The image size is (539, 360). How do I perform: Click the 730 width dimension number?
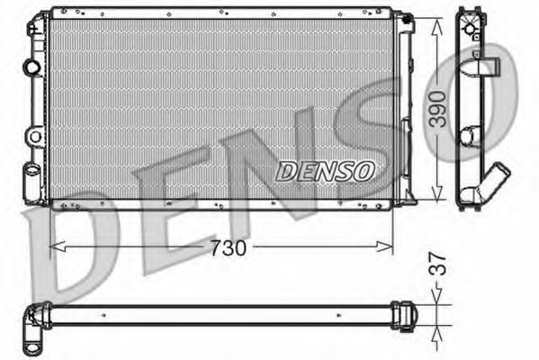(x=229, y=247)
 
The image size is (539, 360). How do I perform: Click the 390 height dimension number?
(x=439, y=109)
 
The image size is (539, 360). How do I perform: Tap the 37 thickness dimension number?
(x=437, y=264)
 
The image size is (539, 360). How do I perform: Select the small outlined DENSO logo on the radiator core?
(x=325, y=171)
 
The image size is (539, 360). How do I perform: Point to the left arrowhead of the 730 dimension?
(x=58, y=247)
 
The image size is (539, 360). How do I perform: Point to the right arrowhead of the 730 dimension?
(x=384, y=247)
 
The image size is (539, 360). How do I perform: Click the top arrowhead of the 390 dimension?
(x=437, y=26)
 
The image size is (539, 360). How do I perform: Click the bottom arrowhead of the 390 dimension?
(x=437, y=193)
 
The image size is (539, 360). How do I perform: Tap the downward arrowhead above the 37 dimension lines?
(x=436, y=296)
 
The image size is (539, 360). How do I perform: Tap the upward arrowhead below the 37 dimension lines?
(x=436, y=334)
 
